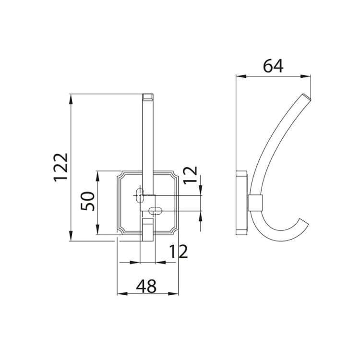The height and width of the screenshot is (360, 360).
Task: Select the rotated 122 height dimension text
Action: click(61, 167)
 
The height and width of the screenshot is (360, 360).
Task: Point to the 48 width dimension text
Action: click(146, 287)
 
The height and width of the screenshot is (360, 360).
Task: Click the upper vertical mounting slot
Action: click(140, 195)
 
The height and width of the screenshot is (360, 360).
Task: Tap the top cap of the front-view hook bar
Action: click(148, 96)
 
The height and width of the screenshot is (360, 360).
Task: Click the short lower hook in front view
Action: click(147, 229)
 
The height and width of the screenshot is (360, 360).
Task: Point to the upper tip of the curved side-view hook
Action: click(308, 97)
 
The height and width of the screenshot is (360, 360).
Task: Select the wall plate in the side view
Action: click(242, 202)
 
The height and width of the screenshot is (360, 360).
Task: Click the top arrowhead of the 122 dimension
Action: click(71, 98)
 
